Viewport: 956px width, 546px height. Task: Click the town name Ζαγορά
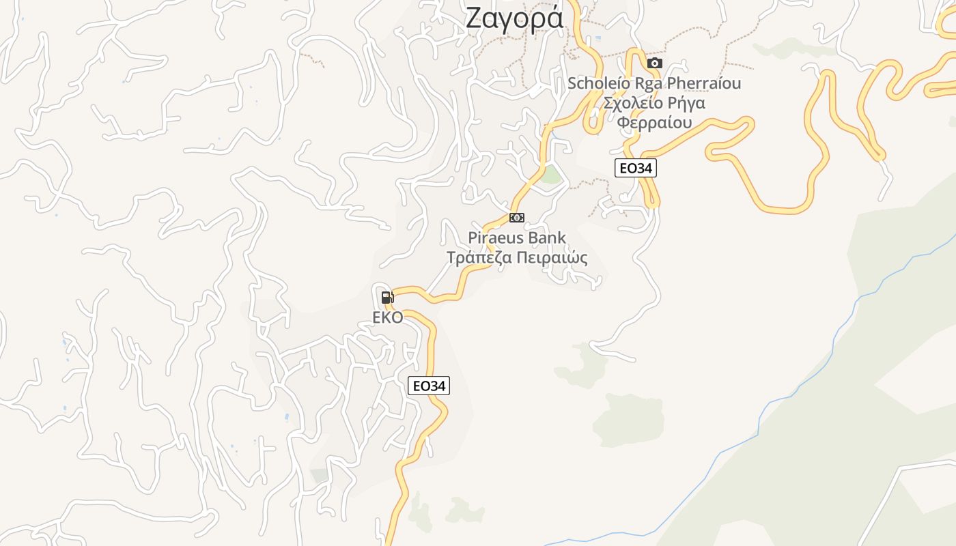tap(515, 18)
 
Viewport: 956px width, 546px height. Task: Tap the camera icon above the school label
tap(655, 63)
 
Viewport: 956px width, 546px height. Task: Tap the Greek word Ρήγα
tap(685, 103)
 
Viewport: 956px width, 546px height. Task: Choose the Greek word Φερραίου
tap(654, 123)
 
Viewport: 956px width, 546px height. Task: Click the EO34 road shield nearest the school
tap(636, 168)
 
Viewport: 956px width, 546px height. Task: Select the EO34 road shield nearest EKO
tap(429, 386)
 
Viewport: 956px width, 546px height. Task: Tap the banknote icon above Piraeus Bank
tap(517, 218)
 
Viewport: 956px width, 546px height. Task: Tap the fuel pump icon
tap(387, 297)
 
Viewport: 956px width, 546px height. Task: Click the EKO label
tap(388, 317)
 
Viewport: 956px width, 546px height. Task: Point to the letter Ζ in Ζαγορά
tap(475, 18)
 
